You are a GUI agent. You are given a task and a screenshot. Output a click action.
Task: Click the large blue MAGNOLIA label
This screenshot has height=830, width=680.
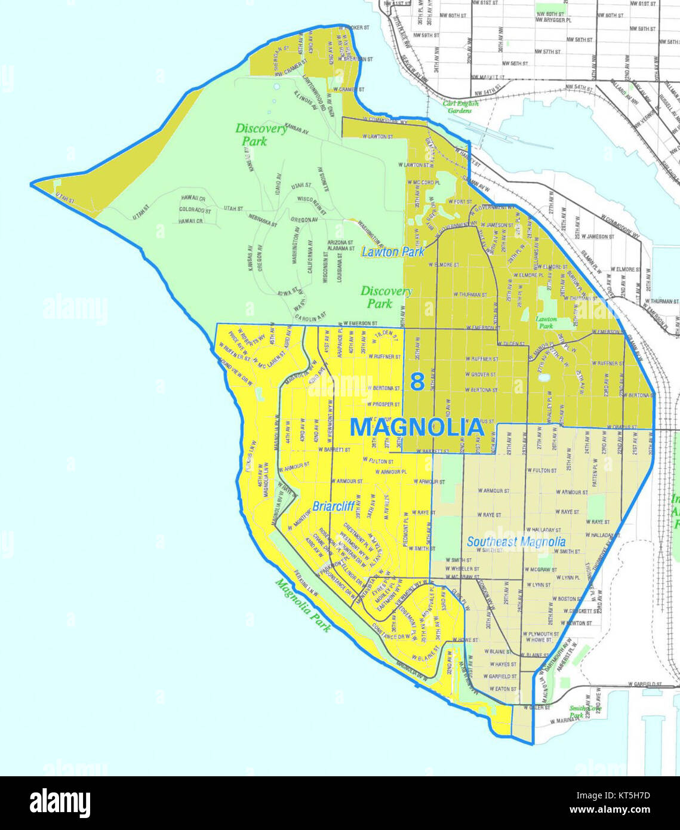[416, 428]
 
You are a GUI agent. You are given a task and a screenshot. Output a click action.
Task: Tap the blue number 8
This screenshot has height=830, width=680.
[417, 382]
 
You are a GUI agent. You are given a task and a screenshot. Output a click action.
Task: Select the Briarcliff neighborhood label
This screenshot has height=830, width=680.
[334, 506]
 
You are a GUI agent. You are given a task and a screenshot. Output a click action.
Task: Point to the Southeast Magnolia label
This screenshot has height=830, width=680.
[516, 542]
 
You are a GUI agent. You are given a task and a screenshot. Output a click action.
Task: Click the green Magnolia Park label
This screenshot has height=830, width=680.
[303, 605]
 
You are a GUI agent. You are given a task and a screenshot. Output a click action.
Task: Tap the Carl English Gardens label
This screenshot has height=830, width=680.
[460, 107]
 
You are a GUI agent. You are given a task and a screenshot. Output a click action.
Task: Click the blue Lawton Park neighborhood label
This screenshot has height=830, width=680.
[393, 251]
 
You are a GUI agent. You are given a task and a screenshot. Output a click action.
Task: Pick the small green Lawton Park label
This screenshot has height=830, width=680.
[546, 322]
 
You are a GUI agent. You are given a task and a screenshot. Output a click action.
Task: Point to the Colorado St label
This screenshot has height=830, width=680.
[196, 210]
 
